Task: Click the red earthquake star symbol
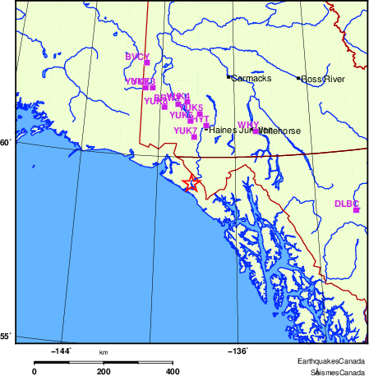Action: click(191, 182)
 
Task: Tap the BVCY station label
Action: click(137, 57)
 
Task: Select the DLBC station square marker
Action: click(357, 210)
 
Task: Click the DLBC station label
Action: click(347, 203)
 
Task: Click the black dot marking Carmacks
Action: click(228, 77)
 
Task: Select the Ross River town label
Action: click(322, 79)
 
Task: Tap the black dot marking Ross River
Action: click(298, 78)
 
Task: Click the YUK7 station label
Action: click(185, 131)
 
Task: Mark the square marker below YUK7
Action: click(194, 137)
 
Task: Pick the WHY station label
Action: click(247, 125)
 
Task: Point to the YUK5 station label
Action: click(191, 108)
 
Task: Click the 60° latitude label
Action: click(5, 143)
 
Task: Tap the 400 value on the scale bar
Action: click(173, 371)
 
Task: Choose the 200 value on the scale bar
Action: click(104, 371)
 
